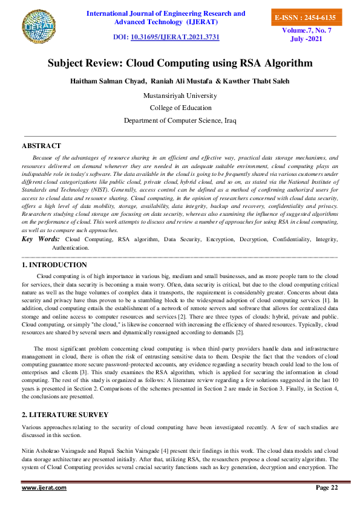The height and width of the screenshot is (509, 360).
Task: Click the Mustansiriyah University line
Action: coord(180,96)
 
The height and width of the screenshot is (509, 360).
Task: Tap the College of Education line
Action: coord(180,108)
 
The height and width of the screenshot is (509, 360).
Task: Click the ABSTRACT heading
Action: coord(41,146)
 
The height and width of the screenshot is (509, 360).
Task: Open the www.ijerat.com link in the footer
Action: coord(44,488)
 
